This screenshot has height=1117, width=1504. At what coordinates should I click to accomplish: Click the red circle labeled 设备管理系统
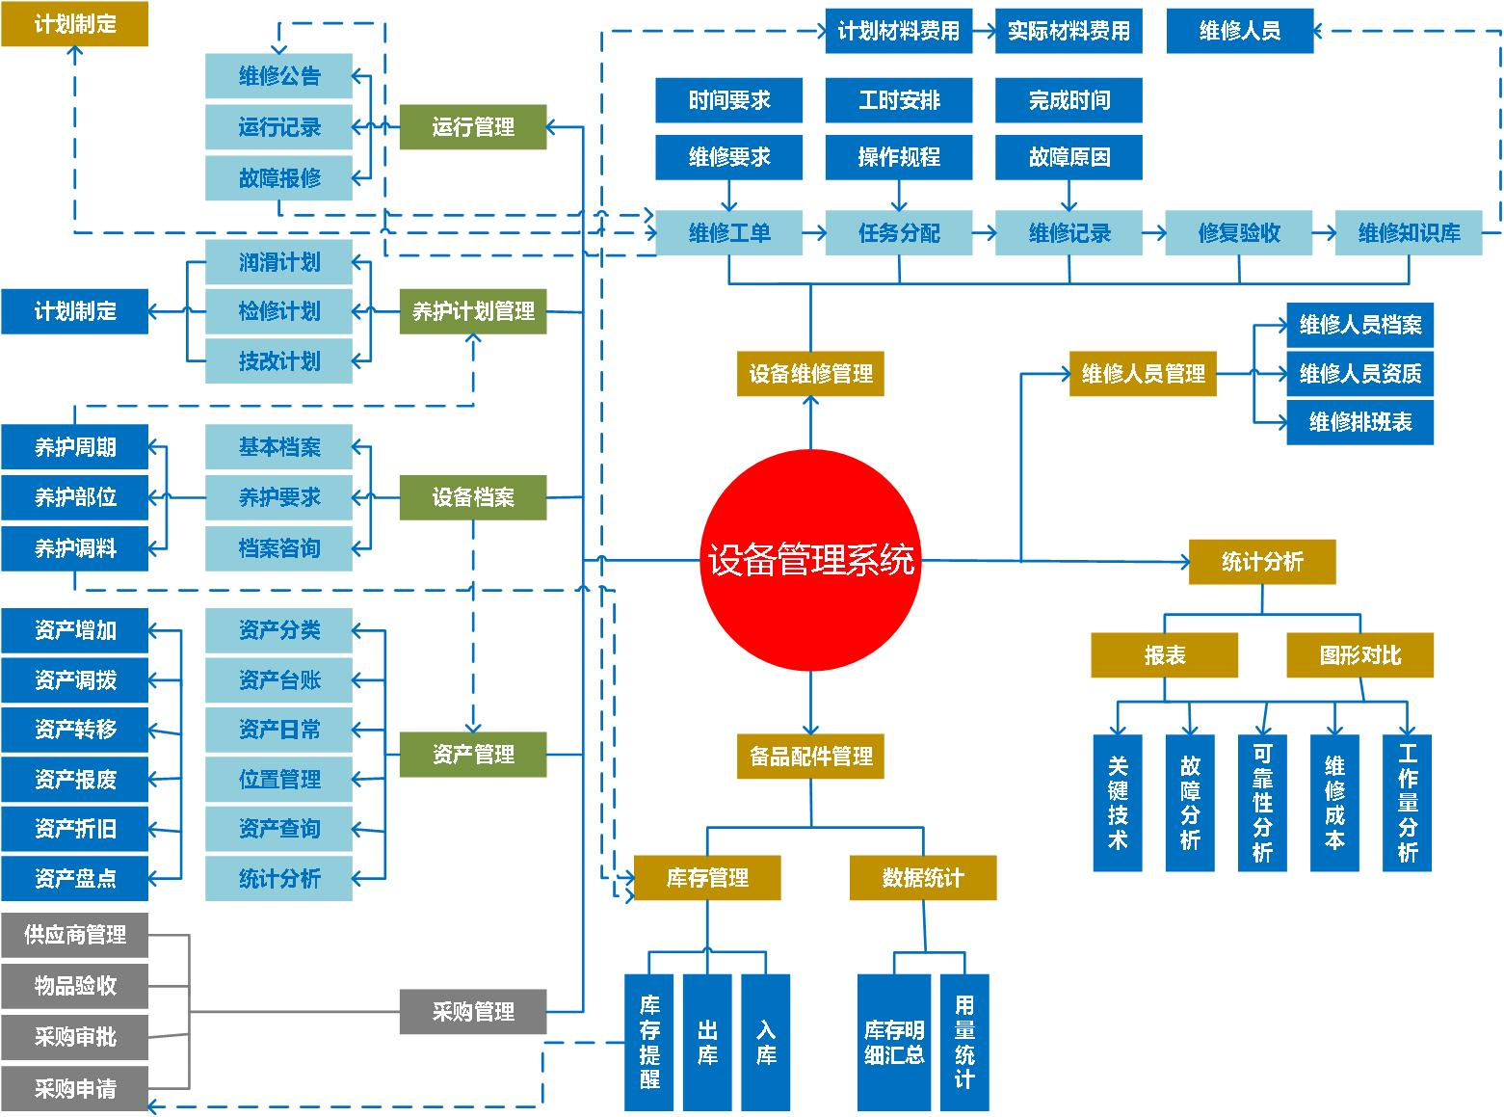810,560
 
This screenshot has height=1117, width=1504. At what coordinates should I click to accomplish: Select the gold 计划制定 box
74,24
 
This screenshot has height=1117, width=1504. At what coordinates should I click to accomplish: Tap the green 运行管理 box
473,127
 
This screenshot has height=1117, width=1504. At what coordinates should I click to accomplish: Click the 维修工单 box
729,233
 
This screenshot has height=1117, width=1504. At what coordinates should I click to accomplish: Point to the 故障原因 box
1069,157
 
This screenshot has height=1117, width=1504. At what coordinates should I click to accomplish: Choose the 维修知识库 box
1409,233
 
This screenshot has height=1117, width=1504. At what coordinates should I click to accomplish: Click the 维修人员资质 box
1359,373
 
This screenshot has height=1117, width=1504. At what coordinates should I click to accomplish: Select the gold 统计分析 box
1262,562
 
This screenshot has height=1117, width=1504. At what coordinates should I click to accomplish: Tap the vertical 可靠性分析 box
1262,803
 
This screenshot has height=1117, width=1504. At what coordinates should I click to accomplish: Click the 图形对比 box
1359,655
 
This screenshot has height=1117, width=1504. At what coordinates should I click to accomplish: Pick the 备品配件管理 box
810,757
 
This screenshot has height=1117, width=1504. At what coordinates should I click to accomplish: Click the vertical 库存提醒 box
649,1042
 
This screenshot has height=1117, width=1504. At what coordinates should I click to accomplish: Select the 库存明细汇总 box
894,1042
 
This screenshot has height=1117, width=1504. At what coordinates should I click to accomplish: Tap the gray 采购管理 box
473,1012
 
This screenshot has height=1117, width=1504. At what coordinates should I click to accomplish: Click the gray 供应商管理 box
74,935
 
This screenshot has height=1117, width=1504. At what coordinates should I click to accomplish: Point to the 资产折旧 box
74,829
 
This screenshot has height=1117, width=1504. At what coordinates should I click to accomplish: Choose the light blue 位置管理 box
278,779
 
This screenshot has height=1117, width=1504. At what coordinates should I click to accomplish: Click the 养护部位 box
74,497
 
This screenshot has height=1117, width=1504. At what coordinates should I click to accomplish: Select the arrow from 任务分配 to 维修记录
984,233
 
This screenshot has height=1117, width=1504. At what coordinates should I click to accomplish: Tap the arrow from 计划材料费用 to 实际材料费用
984,31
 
